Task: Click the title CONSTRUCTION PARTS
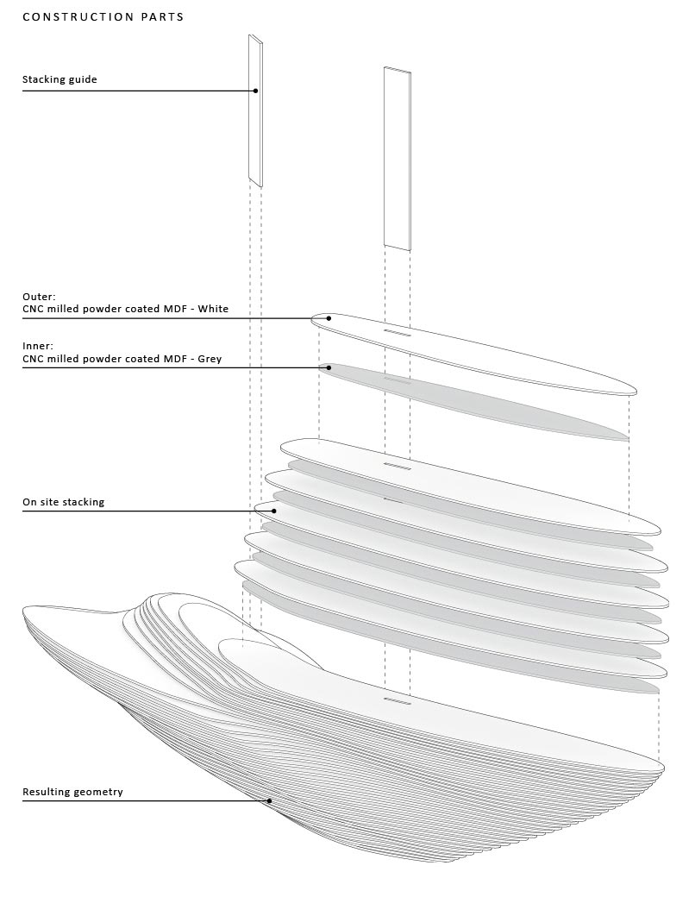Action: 103,16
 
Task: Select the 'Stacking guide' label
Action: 59,79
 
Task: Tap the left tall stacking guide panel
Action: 256,110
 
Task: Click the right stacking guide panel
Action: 397,159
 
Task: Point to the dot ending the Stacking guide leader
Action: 256,91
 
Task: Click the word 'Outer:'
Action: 39,297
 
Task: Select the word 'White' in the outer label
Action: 213,309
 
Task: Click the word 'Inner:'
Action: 38,346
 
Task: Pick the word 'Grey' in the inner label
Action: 210,360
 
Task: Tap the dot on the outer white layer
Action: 329,318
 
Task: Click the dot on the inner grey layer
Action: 329,367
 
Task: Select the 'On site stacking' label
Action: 64,502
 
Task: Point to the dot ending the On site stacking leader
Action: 274,511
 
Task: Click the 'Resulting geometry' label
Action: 72,793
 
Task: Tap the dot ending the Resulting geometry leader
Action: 270,801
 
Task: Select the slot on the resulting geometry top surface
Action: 398,700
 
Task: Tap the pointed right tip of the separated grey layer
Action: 628,439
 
